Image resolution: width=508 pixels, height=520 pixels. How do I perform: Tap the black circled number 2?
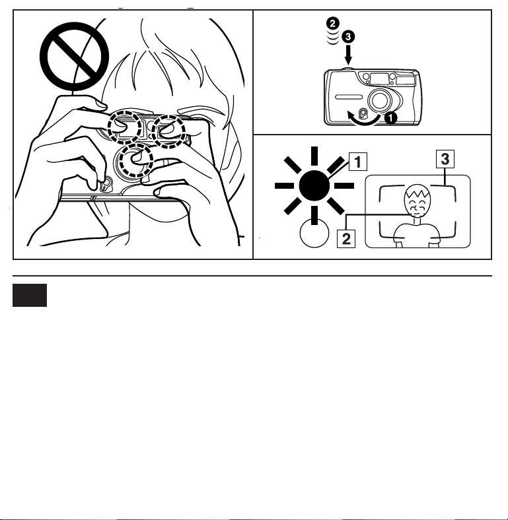(333, 24)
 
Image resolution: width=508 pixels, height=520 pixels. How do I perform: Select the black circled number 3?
(348, 36)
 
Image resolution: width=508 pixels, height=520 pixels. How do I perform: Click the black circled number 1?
(391, 117)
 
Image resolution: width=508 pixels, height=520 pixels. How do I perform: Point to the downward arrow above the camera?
(348, 55)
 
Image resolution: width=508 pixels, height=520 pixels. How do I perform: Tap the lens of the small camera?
(380, 100)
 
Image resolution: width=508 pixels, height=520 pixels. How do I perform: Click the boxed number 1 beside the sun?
(358, 162)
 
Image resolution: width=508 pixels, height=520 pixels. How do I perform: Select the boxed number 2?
(346, 239)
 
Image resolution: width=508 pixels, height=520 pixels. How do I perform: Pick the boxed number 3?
(445, 159)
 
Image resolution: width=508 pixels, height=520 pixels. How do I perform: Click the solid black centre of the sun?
(314, 185)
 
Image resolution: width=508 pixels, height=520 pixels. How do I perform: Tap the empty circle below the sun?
(314, 233)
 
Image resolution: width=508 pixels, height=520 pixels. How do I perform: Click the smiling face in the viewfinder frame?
(417, 201)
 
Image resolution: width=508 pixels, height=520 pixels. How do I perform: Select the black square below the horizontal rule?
(30, 295)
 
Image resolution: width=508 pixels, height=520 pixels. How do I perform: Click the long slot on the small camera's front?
(349, 97)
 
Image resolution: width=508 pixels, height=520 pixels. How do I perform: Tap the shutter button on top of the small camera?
(347, 69)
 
